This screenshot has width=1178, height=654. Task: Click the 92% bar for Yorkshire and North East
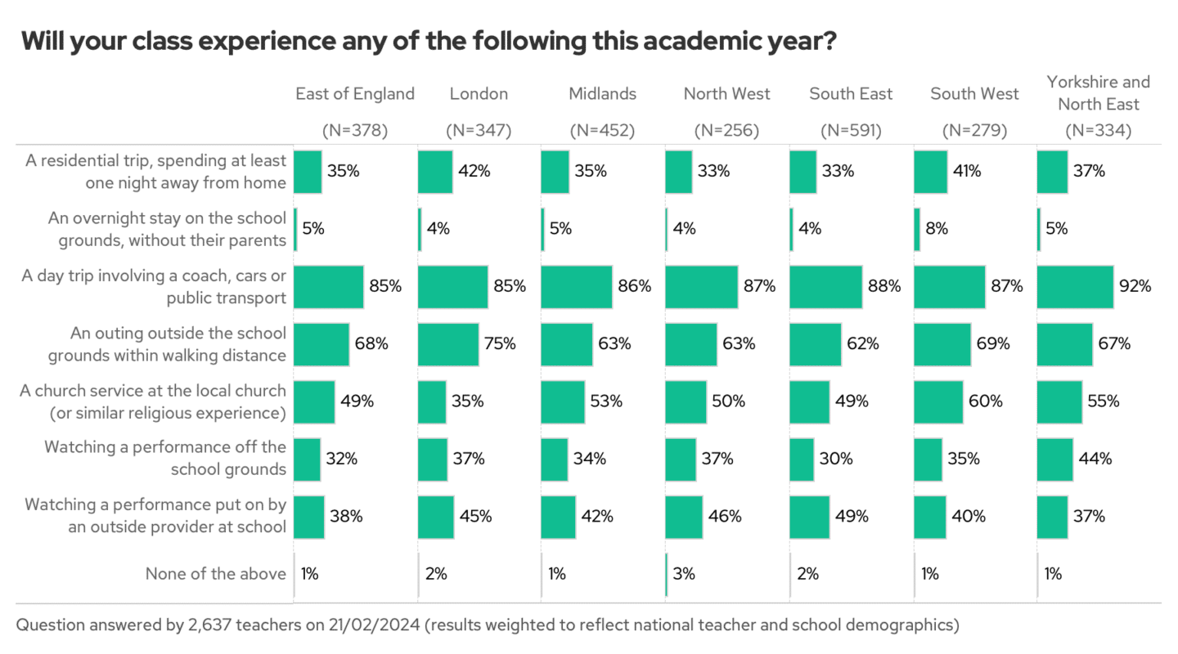[1075, 287]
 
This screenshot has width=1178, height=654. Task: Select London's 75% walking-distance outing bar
[448, 344]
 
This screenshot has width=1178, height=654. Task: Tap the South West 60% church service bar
[938, 401]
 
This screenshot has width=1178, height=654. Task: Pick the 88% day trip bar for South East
[825, 287]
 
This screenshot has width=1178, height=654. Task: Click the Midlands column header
[602, 94]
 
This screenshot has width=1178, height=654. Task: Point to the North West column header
[726, 94]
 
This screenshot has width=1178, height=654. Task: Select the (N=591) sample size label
[851, 130]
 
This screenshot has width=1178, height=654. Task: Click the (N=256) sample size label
[726, 130]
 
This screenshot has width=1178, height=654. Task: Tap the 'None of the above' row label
[215, 574]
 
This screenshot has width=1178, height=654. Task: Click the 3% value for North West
[684, 574]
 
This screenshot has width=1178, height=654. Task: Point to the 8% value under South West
[937, 229]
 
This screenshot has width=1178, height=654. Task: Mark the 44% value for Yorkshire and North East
[1095, 459]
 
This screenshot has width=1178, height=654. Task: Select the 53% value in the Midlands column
[606, 401]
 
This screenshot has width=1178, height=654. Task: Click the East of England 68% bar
[321, 344]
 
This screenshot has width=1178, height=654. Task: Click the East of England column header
[355, 94]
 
